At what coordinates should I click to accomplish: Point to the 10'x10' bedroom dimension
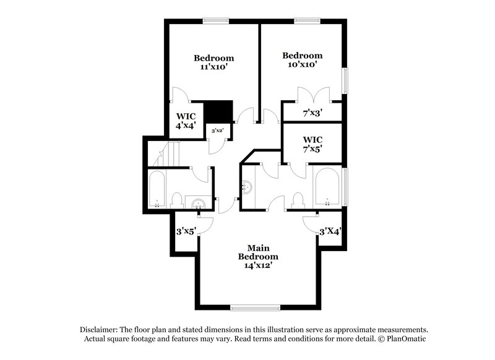click(x=303, y=64)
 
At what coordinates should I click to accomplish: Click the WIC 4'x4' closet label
click(x=186, y=120)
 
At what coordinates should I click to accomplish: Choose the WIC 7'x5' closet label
click(x=312, y=144)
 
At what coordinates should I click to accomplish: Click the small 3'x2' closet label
click(x=218, y=131)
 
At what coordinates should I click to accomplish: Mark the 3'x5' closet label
click(x=186, y=232)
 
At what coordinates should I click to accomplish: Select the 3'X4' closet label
click(x=330, y=231)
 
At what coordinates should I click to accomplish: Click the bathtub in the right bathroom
click(x=326, y=186)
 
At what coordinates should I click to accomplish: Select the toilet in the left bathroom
click(x=176, y=200)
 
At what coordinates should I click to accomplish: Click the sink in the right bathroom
click(x=247, y=186)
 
